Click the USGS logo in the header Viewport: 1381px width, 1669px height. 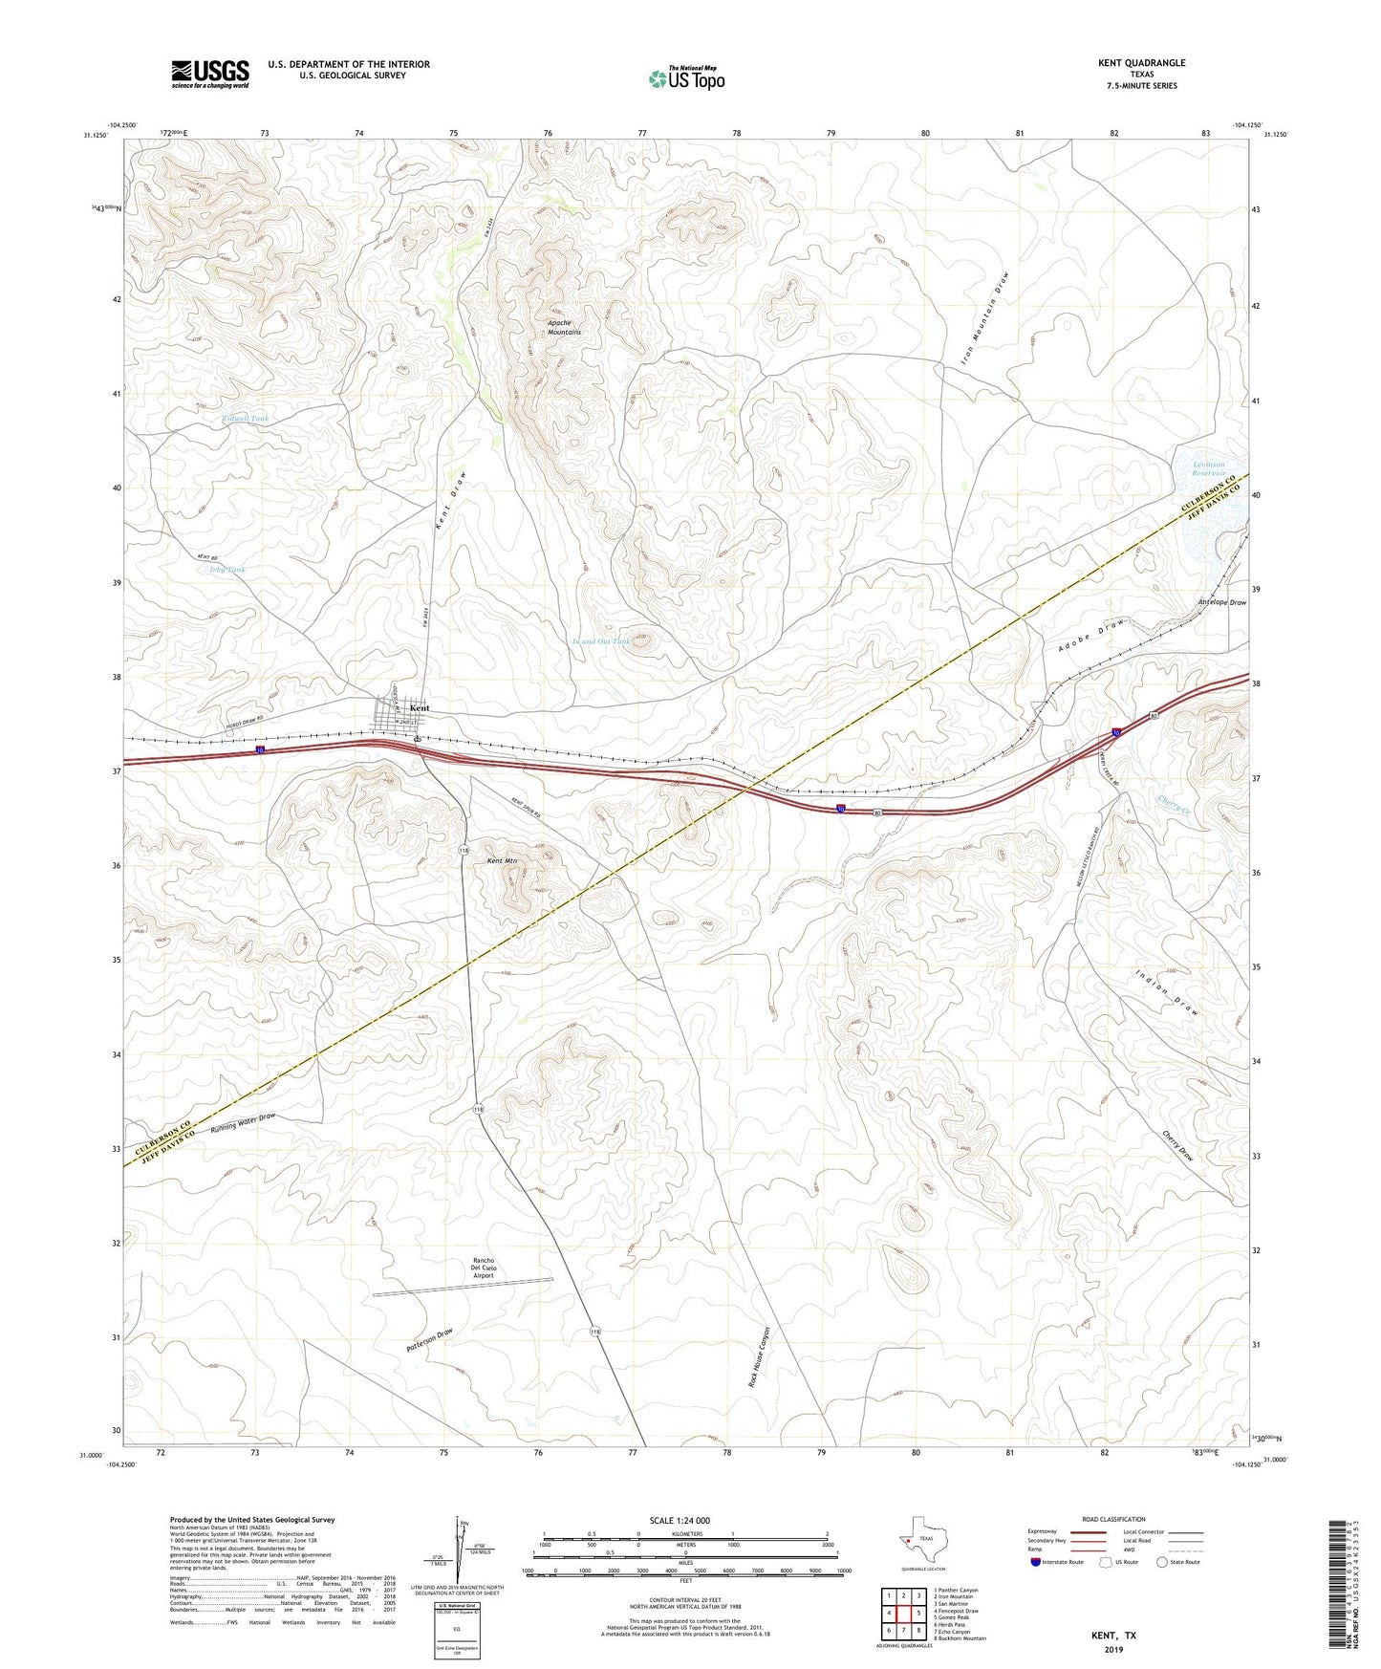210,74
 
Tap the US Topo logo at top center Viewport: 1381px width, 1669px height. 686,77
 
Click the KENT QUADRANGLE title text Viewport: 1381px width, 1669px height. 1141,63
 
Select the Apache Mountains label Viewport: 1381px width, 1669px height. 564,327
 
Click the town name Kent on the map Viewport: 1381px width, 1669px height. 420,708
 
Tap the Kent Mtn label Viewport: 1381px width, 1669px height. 502,861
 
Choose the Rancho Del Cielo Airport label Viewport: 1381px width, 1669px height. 484,1268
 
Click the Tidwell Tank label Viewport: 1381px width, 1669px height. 246,419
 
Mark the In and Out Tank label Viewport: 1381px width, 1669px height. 600,641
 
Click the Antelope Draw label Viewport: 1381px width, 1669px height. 1221,603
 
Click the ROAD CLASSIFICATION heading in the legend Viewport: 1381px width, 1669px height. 1113,1519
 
